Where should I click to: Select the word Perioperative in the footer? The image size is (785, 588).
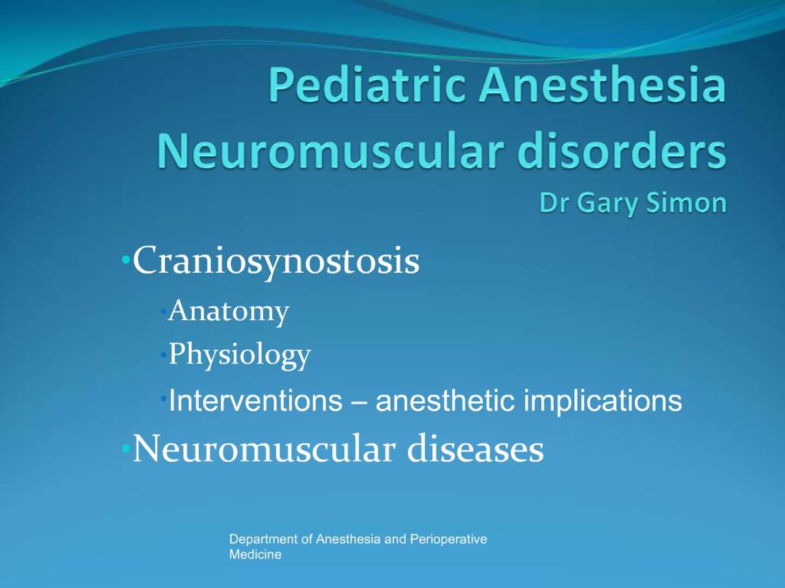[x=448, y=539]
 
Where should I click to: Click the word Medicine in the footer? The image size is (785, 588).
[x=255, y=554]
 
